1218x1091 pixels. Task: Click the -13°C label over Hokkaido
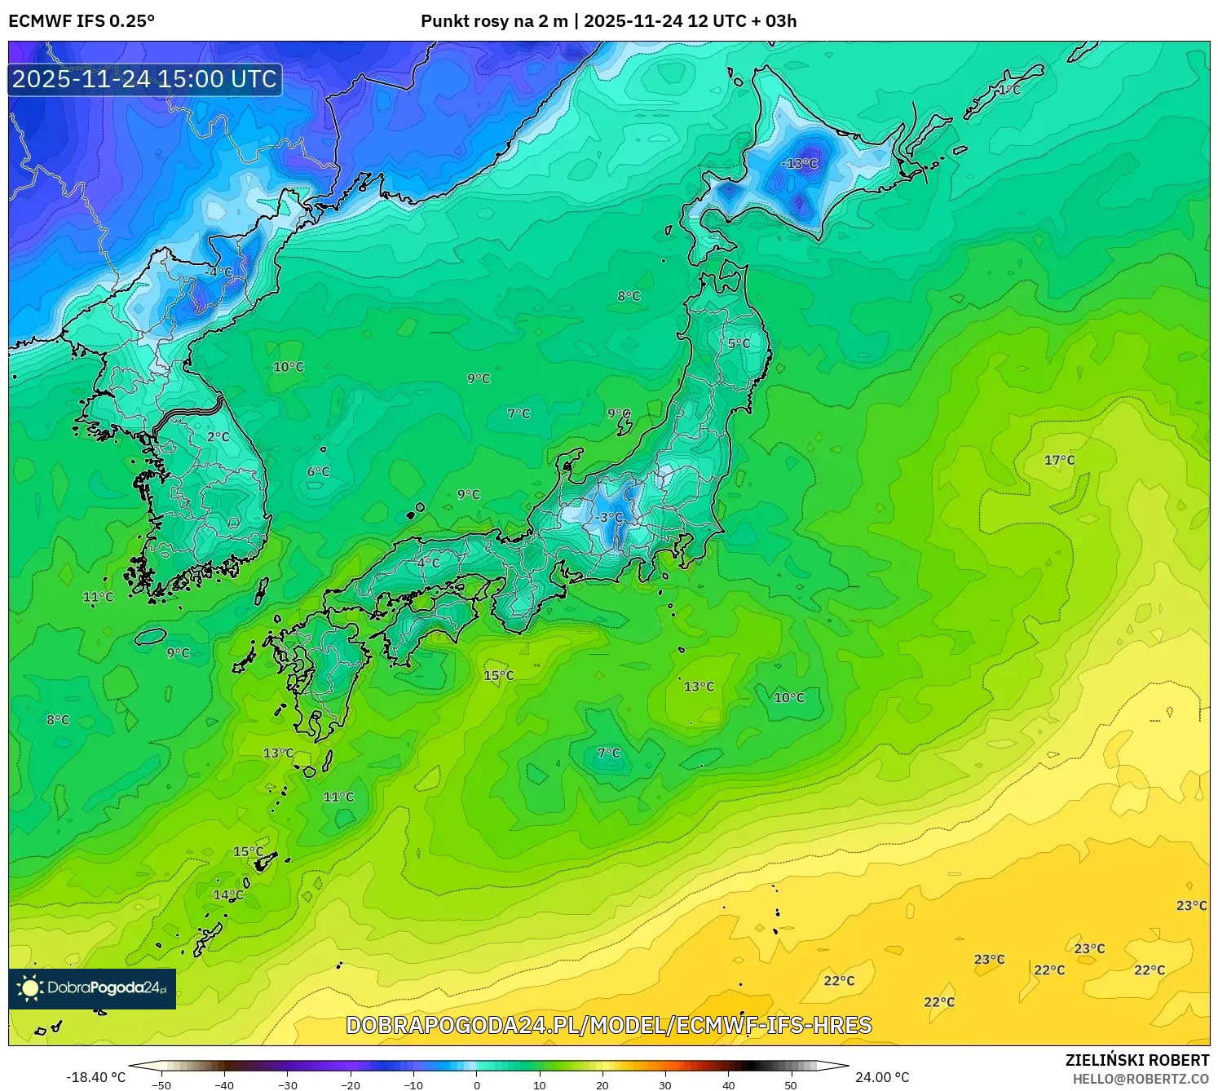tap(799, 163)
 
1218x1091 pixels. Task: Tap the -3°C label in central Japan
tap(610, 517)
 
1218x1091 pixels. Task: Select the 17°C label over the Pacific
tap(1059, 460)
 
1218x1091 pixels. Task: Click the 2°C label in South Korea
tap(218, 436)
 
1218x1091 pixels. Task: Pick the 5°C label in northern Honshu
tap(739, 343)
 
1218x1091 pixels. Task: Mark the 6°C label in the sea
tap(318, 471)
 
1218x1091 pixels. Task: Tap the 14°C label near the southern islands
tap(228, 894)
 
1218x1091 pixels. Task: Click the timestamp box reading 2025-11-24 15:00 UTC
tap(145, 79)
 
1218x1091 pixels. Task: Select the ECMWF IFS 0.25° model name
tap(82, 21)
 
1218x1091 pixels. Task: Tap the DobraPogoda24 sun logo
tap(30, 988)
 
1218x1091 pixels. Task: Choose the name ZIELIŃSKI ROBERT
tap(1137, 1060)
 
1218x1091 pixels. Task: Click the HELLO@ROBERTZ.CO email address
tap(1141, 1079)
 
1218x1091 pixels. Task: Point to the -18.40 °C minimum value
tap(95, 1077)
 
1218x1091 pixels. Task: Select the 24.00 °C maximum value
tap(882, 1077)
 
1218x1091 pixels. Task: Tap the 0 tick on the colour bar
tap(477, 1084)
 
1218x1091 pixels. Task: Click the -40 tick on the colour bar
tap(224, 1084)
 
